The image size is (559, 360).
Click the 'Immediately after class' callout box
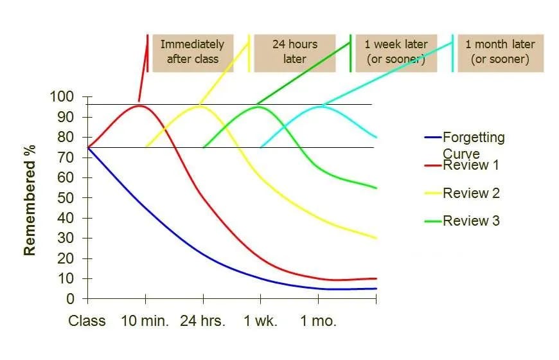[x=192, y=52]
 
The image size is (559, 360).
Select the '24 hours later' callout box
[x=295, y=52]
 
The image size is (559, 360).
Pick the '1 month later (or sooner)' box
[x=500, y=52]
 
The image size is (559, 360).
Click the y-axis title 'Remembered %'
[x=30, y=200]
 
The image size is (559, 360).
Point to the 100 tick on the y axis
[x=62, y=97]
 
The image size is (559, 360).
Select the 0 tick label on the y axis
[x=71, y=299]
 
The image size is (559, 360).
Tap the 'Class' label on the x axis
[x=87, y=321]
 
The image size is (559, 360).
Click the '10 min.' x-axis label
[x=145, y=321]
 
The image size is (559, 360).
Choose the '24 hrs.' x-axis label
[x=203, y=321]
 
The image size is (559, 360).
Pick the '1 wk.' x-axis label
[x=260, y=321]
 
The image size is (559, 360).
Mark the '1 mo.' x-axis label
[x=318, y=321]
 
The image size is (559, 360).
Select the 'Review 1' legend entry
[x=471, y=165]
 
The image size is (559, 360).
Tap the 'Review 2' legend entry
[x=471, y=194]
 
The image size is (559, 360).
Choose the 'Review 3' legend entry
[x=471, y=221]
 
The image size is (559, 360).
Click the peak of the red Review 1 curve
[x=139, y=105]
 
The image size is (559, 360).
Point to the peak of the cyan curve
[x=319, y=106]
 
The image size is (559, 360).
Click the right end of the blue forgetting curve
[x=376, y=289]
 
